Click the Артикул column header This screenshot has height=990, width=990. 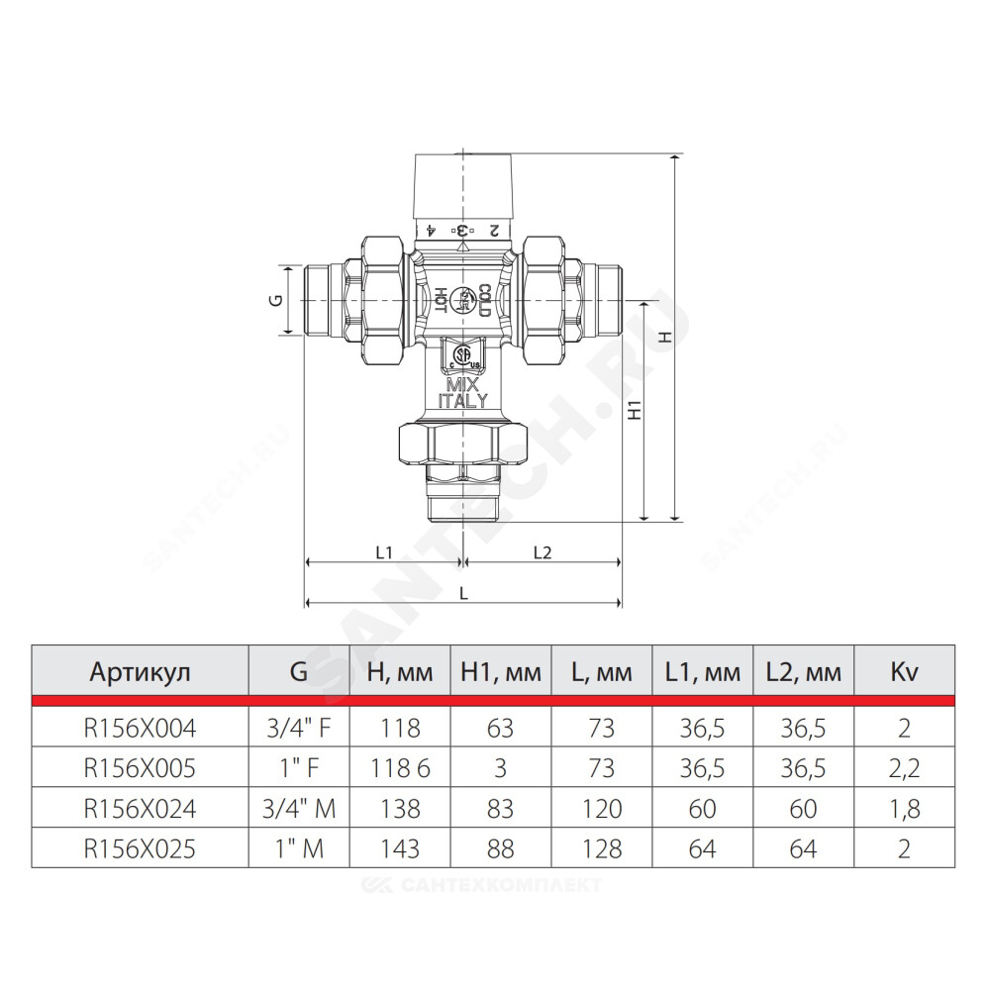[x=140, y=672]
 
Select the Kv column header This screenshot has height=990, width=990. [x=904, y=672]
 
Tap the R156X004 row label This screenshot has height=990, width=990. [x=140, y=729]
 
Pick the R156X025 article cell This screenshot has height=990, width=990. [x=140, y=848]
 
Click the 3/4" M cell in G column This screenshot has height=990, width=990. [x=299, y=809]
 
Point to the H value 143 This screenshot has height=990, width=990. [x=400, y=848]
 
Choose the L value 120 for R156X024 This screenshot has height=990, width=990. [x=602, y=809]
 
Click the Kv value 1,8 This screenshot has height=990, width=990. [x=904, y=809]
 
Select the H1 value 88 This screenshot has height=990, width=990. [x=501, y=848]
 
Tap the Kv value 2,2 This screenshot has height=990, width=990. [x=904, y=769]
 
